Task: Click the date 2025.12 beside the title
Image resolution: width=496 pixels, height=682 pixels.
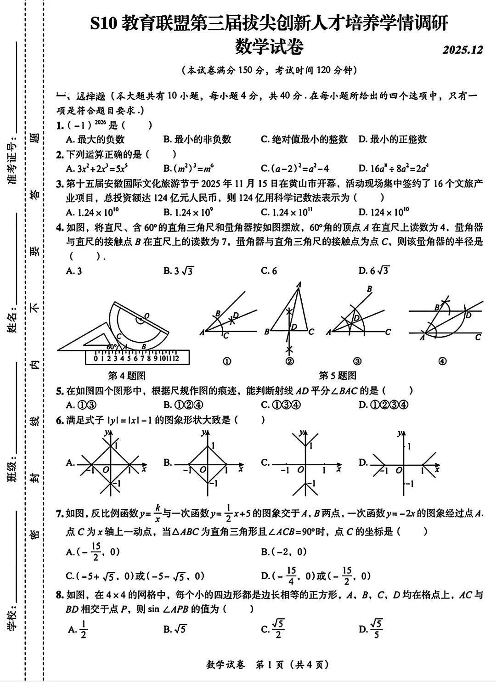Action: point(462,50)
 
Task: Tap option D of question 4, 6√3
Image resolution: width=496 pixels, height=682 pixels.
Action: point(373,271)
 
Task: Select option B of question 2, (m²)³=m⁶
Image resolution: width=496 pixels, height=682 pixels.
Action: point(188,169)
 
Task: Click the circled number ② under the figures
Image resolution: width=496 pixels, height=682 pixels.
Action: point(289,361)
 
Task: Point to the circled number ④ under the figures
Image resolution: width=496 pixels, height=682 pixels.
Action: point(442,361)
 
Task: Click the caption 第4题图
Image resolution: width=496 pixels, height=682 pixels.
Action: point(127,376)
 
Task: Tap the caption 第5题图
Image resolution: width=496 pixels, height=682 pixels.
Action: point(338,376)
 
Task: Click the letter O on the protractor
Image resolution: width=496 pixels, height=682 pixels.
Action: point(147,316)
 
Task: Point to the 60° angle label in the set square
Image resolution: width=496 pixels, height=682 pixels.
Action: point(111,347)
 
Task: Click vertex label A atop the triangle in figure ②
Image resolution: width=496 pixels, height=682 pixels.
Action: point(299,285)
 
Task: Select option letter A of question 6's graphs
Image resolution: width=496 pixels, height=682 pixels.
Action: point(70,462)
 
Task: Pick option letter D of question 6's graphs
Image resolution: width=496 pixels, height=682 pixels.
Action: point(363,462)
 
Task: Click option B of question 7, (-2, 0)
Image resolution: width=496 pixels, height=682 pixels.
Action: point(283,552)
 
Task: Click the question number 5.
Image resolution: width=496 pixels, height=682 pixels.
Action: point(60,391)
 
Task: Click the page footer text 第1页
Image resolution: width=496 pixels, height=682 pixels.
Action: point(270,665)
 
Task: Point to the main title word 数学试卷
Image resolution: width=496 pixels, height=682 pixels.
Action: point(269,46)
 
